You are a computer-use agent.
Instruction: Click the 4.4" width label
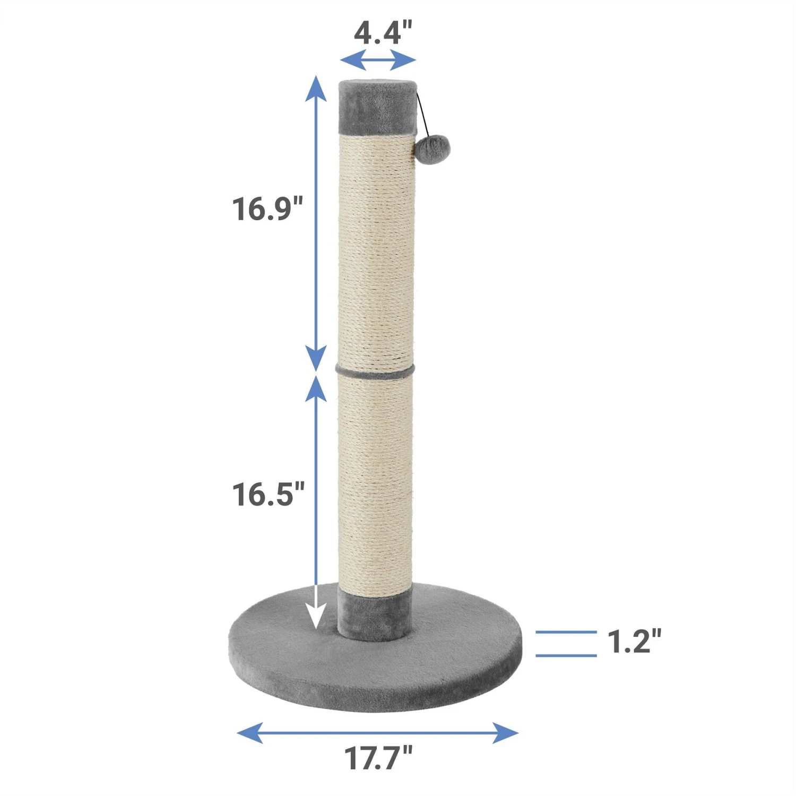click(x=383, y=33)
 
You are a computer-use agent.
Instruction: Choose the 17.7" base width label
click(x=378, y=758)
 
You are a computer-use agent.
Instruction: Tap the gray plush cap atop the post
click(x=377, y=106)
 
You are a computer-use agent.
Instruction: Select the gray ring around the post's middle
click(x=375, y=370)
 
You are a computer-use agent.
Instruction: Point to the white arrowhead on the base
click(x=317, y=616)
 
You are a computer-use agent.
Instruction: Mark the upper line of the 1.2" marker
click(x=566, y=632)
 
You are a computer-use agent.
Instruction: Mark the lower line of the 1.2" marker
click(x=566, y=655)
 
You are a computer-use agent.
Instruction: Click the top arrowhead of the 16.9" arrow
click(x=317, y=88)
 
